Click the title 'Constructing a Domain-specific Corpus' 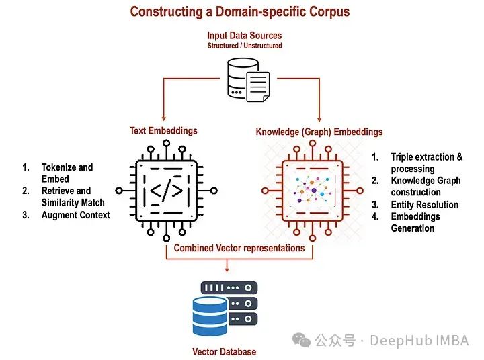click(239, 11)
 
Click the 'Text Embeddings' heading click(163, 131)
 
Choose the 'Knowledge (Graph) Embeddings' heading click(319, 132)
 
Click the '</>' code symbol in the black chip click(165, 191)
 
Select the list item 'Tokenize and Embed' click(67, 173)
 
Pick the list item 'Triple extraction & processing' click(426, 163)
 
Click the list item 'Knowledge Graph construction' click(426, 186)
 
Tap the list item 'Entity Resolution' click(424, 204)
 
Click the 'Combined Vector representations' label click(239, 248)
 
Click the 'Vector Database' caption click(224, 351)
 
